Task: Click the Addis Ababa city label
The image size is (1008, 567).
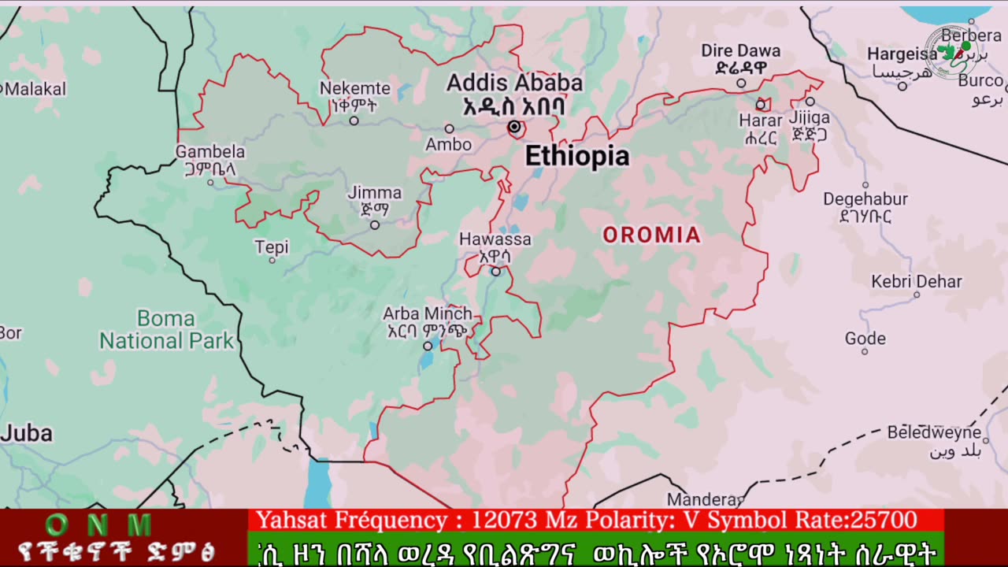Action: coord(514,83)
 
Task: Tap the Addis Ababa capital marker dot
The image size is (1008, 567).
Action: coord(514,126)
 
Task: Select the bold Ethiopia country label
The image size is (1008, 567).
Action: coord(577,157)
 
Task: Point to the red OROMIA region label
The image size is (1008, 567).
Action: coord(651,235)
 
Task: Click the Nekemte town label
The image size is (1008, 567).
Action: coord(354,89)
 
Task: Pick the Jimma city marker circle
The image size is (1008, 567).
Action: coord(375,224)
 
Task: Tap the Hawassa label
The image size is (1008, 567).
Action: coord(495,239)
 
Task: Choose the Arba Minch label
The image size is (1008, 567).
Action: coord(428,314)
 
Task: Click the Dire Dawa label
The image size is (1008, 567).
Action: coord(740,51)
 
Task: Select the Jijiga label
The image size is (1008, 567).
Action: coord(809,118)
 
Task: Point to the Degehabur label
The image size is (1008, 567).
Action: coord(865,199)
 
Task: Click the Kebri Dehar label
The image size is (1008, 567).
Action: coord(916,282)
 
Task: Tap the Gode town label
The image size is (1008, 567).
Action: coord(865,339)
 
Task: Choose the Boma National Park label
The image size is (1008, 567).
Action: coord(166,330)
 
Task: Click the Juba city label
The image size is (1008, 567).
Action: coord(27,433)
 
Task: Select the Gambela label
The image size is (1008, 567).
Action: coord(210,152)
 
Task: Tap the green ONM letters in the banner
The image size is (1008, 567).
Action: coord(98,524)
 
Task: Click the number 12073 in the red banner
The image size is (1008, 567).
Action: coord(505,520)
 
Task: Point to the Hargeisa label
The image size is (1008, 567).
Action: coord(902,54)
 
